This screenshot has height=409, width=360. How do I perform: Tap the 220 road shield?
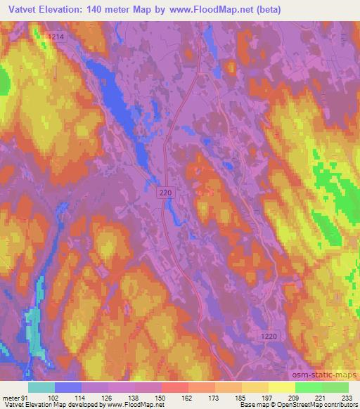click(x=164, y=191)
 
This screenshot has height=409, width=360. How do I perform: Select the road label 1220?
click(x=269, y=337)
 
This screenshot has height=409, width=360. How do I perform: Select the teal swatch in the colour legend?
click(x=41, y=387)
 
